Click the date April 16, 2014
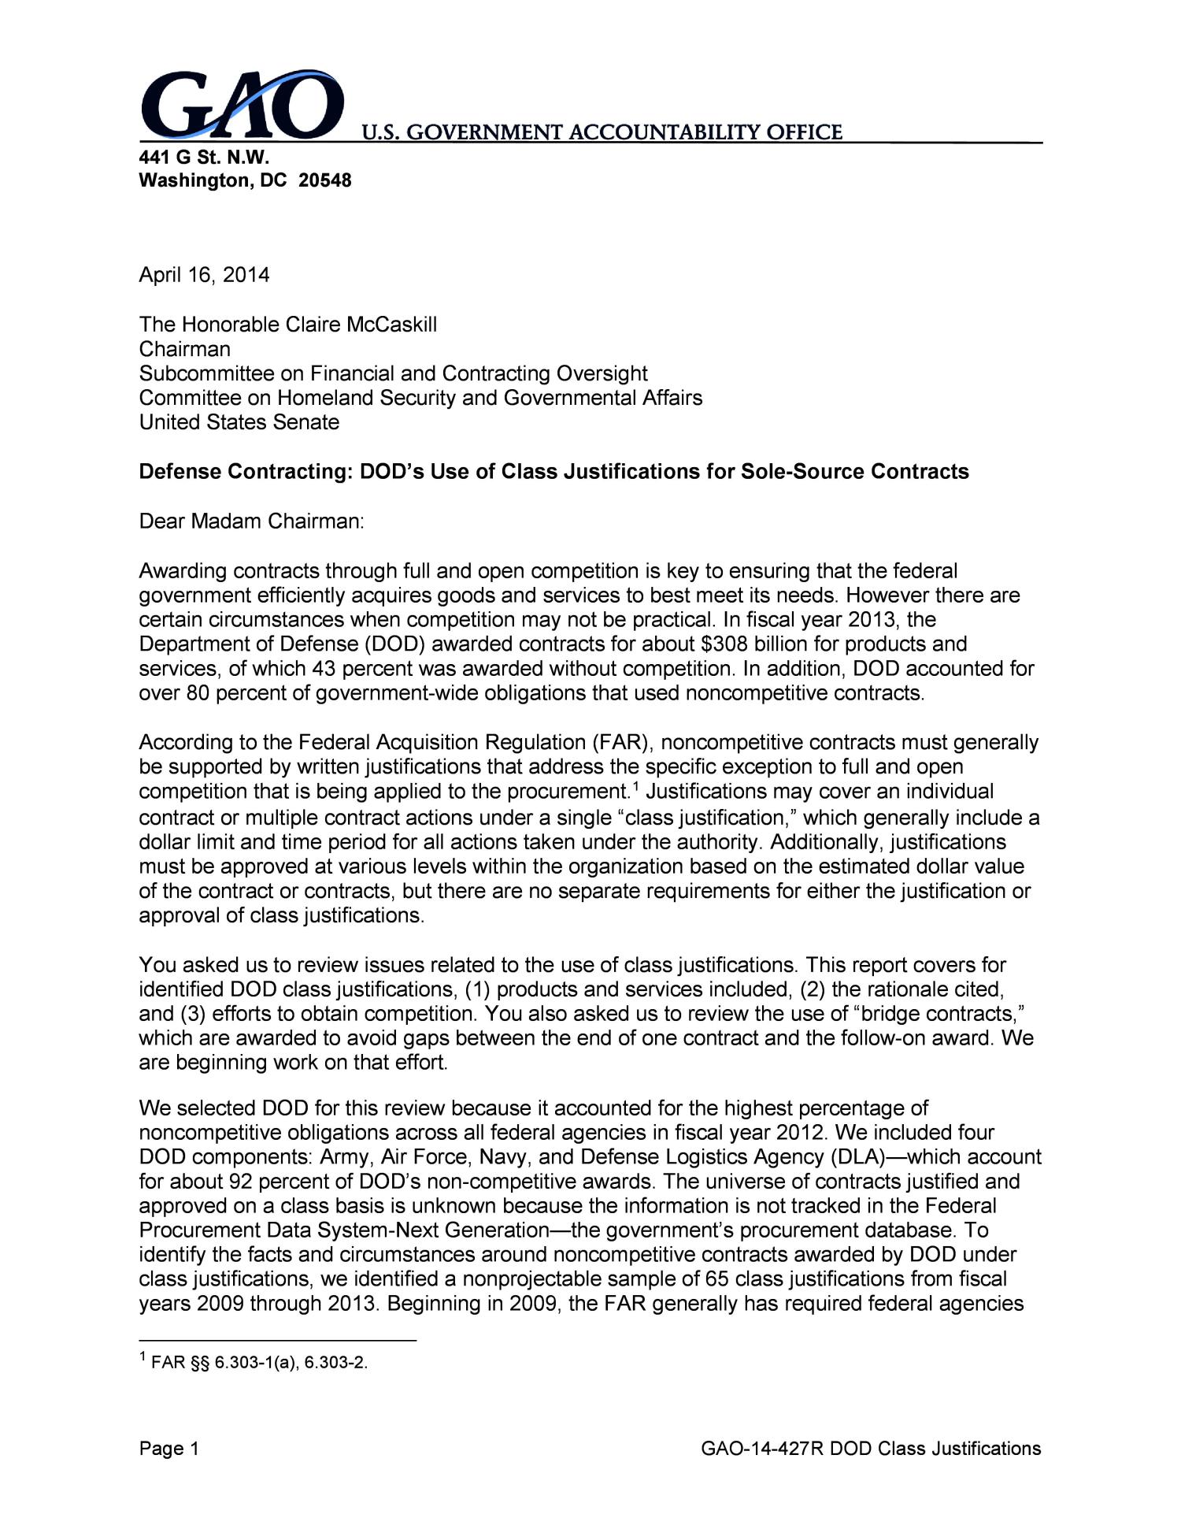coord(204,275)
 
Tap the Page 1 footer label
coord(169,1448)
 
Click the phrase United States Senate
coord(239,422)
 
